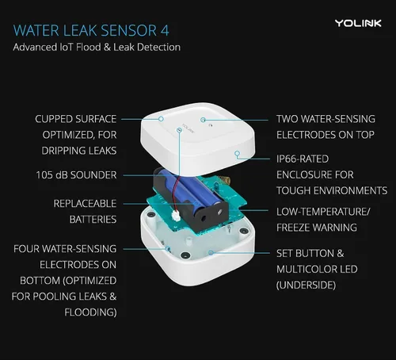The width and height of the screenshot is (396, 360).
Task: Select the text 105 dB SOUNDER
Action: [76, 174]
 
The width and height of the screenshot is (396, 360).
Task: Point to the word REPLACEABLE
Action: [85, 204]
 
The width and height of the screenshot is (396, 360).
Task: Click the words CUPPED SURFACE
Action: [76, 119]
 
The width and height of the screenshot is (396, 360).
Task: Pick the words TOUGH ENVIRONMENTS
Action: [333, 190]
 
